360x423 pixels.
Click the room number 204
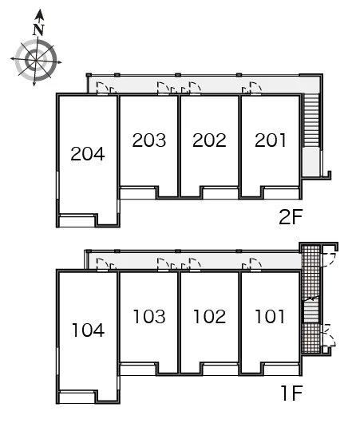click(88, 154)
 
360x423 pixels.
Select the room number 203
click(149, 140)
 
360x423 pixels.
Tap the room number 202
click(209, 140)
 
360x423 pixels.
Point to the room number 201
click(270, 140)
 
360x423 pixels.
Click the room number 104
click(89, 330)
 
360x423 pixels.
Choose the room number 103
click(149, 316)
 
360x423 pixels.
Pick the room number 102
click(210, 316)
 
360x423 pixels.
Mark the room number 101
click(270, 316)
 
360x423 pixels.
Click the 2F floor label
click(291, 216)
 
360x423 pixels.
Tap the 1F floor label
click(291, 393)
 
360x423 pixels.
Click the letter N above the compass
click(38, 30)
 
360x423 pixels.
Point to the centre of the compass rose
click(36, 60)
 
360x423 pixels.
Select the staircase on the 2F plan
click(311, 120)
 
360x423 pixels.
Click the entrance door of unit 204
click(103, 89)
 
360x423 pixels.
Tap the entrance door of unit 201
click(255, 89)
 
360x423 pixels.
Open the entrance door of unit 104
click(103, 264)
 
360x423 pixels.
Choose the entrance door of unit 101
click(255, 264)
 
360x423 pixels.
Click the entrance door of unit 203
click(164, 89)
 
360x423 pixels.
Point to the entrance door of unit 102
click(195, 264)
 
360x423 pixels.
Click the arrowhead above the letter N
click(40, 14)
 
